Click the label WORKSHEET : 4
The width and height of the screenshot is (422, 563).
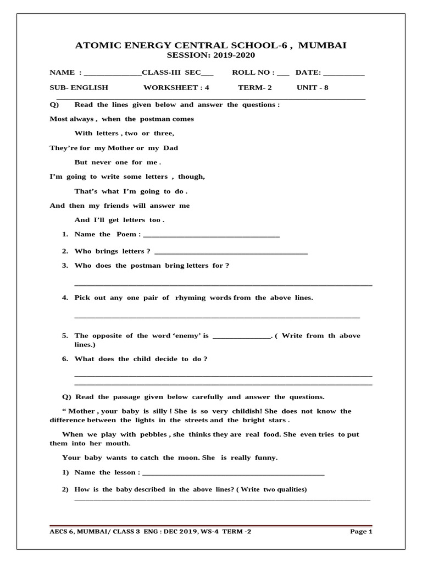tap(176, 87)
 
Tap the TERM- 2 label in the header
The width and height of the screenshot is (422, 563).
tap(254, 87)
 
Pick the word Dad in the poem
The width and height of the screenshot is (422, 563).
tap(169, 148)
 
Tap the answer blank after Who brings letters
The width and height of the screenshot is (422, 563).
tap(231, 252)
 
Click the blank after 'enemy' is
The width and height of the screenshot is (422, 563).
tap(241, 336)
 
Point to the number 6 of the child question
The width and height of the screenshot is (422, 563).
tap(64, 359)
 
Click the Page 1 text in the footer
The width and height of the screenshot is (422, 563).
tap(361, 532)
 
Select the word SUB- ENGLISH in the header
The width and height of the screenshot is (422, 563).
tap(79, 87)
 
